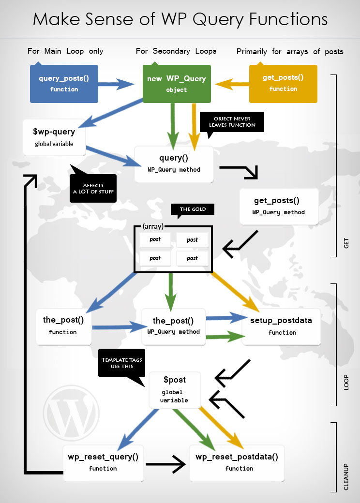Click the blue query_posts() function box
click(64, 84)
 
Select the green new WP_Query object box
click(177, 84)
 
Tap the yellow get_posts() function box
click(284, 84)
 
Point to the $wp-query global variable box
click(54, 137)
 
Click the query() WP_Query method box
click(174, 164)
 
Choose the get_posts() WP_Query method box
click(279, 206)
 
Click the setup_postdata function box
click(282, 327)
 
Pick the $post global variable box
click(175, 390)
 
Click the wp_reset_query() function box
click(104, 463)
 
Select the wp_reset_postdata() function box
click(237, 463)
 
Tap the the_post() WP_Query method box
click(174, 327)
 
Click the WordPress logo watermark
click(71, 413)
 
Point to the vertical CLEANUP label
click(346, 477)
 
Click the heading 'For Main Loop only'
click(65, 51)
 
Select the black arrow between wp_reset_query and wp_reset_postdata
click(165, 464)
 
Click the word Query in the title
click(218, 20)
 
